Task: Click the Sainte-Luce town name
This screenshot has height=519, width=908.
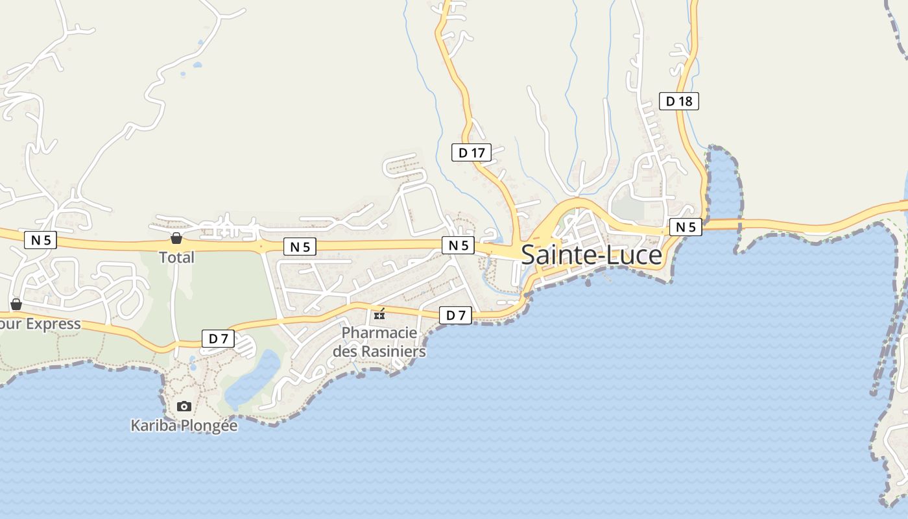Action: pos(591,255)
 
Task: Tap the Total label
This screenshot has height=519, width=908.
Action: pos(176,258)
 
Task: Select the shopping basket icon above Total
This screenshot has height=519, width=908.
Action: pos(176,238)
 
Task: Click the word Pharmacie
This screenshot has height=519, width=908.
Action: pos(379,333)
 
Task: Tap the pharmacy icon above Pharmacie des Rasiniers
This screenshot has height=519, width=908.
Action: pos(379,315)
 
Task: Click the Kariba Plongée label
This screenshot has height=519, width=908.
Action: pos(184,426)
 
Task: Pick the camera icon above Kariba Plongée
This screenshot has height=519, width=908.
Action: pos(184,406)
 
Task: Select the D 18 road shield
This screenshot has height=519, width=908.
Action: pos(679,101)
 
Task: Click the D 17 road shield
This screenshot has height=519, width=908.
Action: pos(472,152)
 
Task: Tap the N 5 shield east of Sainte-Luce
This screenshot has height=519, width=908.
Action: pos(686,227)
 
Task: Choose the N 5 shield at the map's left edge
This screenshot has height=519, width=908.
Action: pos(41,240)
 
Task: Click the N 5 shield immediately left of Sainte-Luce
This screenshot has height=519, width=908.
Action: pos(459,245)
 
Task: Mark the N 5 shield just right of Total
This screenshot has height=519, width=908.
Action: pos(300,247)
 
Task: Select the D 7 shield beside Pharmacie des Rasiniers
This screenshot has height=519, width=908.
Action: pos(455,315)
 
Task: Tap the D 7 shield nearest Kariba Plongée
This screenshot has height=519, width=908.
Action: pos(219,338)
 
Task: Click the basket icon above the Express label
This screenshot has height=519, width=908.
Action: pos(16,304)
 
